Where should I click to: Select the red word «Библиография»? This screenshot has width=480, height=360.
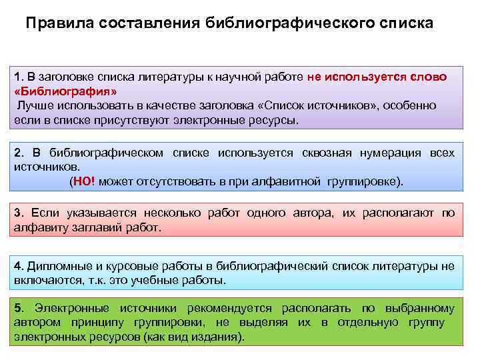click(66, 91)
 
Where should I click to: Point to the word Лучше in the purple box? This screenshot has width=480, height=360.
click(34, 106)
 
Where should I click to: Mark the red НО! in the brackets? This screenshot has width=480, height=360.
click(86, 181)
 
